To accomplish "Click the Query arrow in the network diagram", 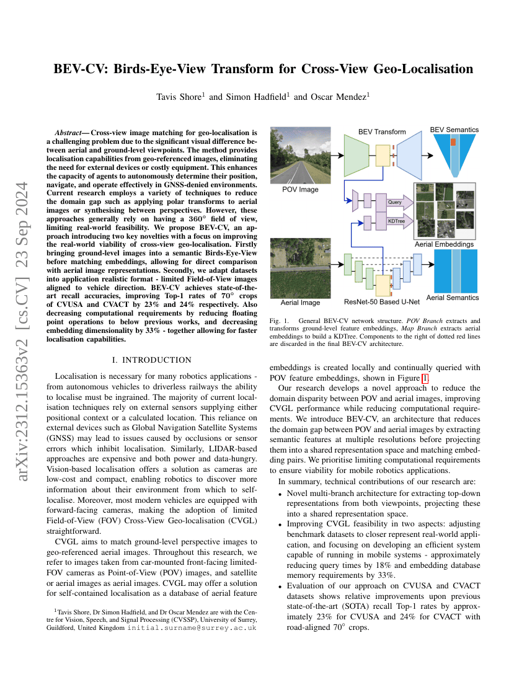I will (397, 202).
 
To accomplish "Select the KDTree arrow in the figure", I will (397, 221).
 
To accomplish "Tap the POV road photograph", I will (301, 154).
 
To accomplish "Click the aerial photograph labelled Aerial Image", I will (301, 270).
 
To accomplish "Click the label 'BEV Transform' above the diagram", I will (382, 131).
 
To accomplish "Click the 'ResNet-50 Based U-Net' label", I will (381, 303).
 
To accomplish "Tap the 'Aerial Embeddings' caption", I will (444, 244).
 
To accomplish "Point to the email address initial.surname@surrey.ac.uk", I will (192, 627).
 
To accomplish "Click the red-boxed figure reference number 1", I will (425, 378).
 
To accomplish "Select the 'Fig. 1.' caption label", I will (280, 321).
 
